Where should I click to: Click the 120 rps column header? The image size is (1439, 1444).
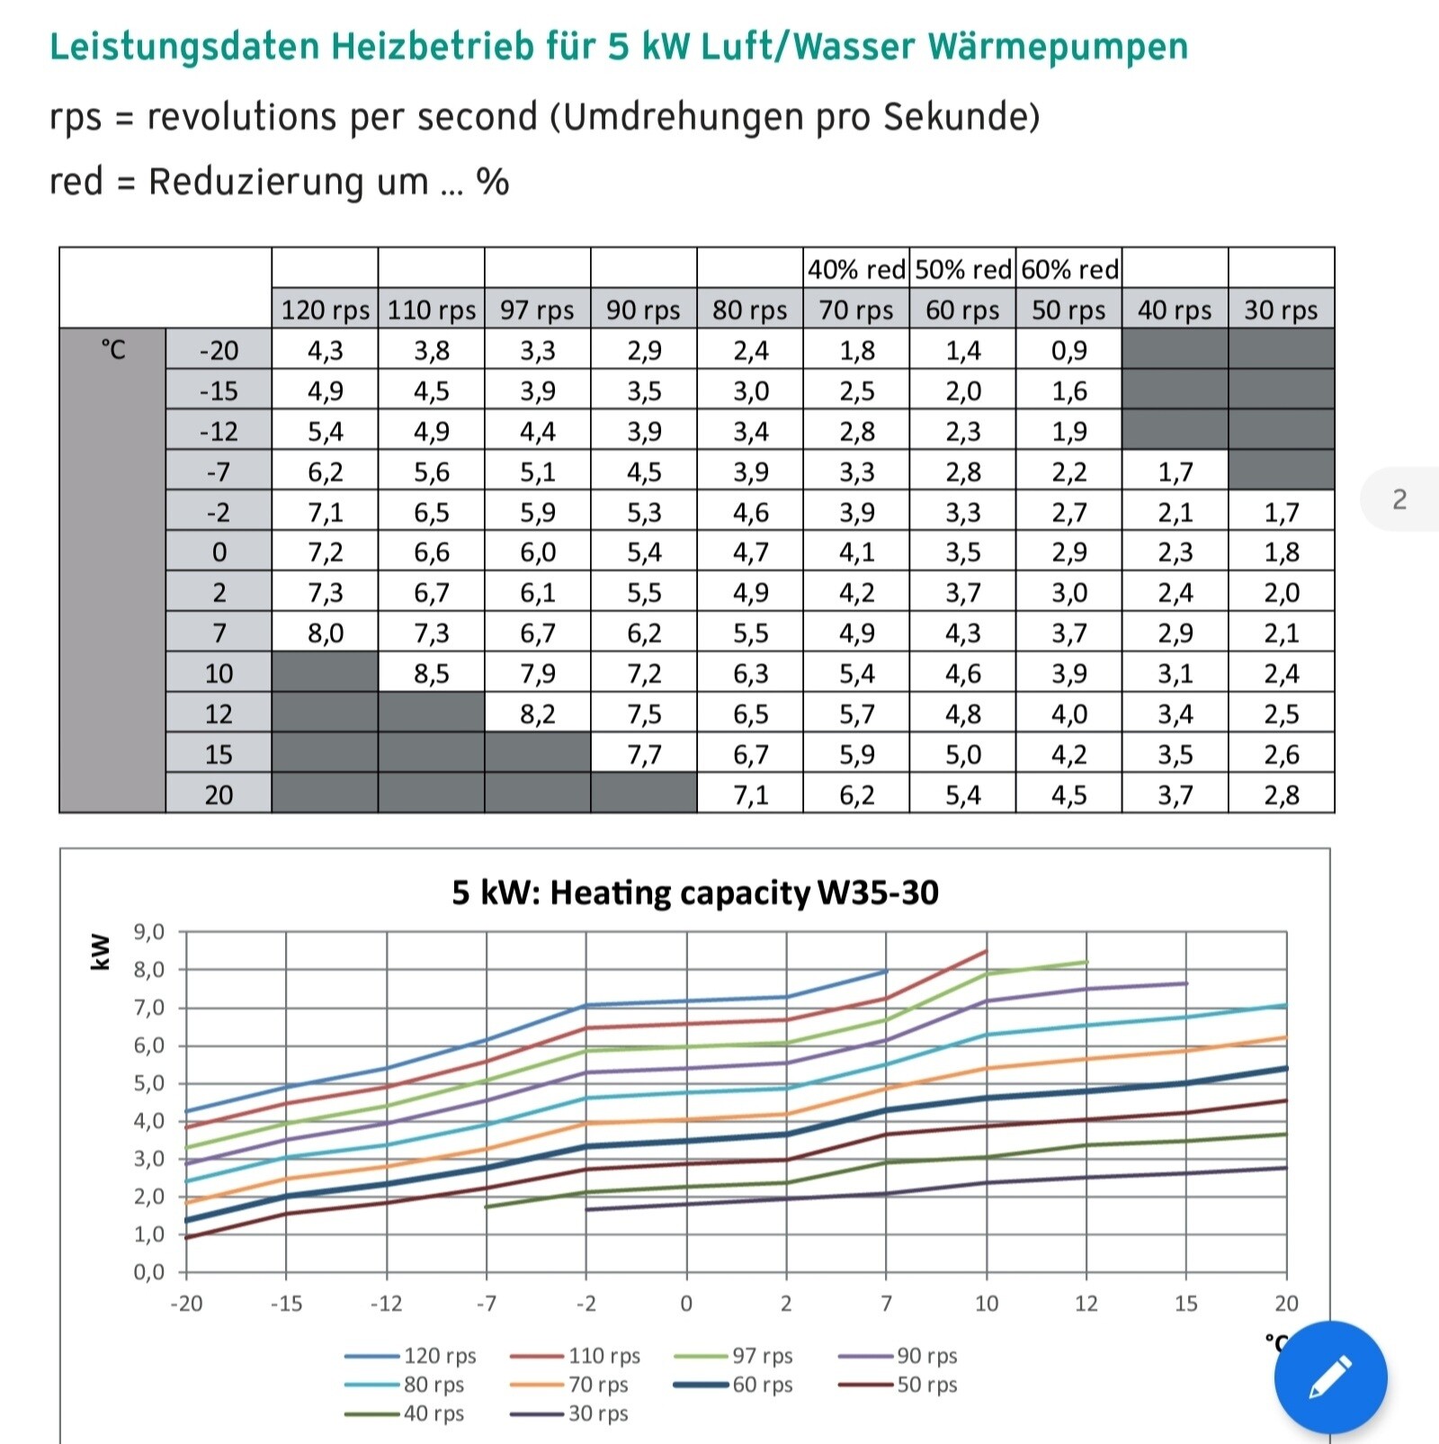click(325, 309)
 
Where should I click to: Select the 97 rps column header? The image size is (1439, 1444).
click(537, 309)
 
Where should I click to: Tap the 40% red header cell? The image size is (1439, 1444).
click(855, 269)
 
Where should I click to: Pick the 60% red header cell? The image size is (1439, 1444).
click(1069, 269)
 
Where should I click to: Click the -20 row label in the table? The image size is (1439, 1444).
click(219, 350)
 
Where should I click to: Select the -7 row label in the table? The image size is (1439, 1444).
click(219, 471)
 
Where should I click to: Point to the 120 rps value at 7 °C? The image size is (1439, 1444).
click(325, 633)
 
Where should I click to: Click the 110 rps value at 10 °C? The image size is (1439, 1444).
click(431, 674)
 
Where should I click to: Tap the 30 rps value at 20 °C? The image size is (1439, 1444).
click(1281, 795)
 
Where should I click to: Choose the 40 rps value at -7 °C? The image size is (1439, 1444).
click(1175, 471)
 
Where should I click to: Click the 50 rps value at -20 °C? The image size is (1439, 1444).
click(1068, 350)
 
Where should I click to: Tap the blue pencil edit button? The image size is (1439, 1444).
click(1330, 1377)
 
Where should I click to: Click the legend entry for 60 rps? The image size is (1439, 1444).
click(762, 1385)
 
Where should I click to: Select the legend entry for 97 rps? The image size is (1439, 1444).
click(762, 1356)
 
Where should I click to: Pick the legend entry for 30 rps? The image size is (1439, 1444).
click(597, 1413)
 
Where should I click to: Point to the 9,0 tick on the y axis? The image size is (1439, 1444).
click(149, 932)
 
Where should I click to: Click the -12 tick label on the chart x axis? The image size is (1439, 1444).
click(387, 1304)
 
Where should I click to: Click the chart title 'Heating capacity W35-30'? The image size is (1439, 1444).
click(694, 892)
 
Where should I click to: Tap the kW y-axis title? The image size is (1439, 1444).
click(100, 951)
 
